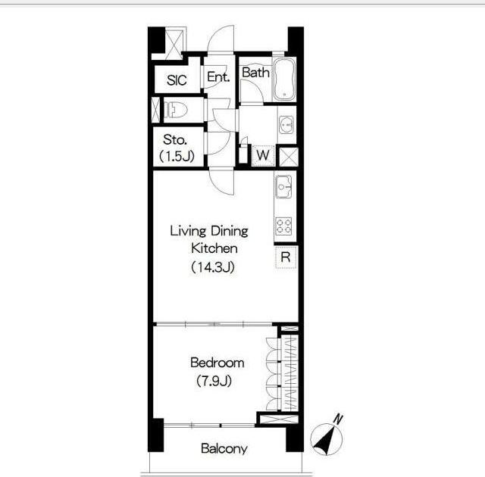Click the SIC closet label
pos(177,80)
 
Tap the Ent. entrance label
pos(218,76)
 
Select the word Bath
pos(255,72)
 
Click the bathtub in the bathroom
pos(285,79)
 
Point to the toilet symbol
pos(175,110)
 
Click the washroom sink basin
pos(286,125)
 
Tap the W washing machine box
pos(263,155)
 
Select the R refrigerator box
pos(286,257)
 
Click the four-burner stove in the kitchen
pos(283,226)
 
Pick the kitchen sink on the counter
pos(283,186)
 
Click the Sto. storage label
pos(175,140)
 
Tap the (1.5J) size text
pos(177,156)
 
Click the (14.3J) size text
pos(213,267)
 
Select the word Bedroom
pos(217,363)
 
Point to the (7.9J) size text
pos(214,381)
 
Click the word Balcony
pos(224,448)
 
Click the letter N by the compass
pos(338,419)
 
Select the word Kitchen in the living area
pos(214,248)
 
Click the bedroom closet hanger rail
pos(289,373)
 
